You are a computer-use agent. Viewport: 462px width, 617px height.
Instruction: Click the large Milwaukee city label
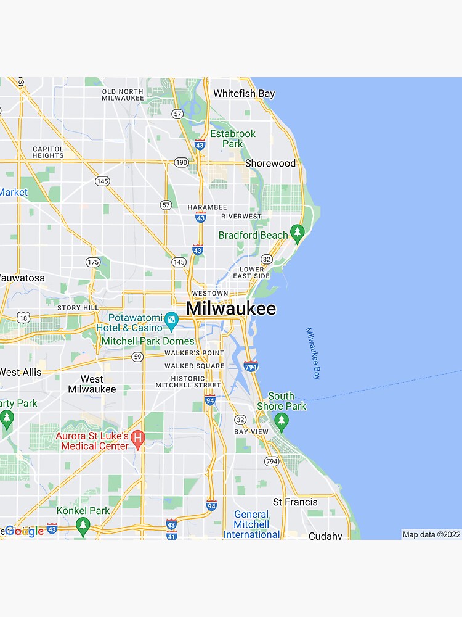click(x=231, y=308)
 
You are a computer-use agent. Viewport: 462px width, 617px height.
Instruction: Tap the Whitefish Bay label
click(x=244, y=94)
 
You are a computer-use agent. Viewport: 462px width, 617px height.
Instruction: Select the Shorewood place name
click(x=270, y=164)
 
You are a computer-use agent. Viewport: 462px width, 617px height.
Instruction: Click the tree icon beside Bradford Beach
click(x=298, y=233)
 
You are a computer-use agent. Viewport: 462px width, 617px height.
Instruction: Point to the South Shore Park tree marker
click(x=282, y=421)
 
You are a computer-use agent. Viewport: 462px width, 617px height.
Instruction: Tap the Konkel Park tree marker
click(x=83, y=525)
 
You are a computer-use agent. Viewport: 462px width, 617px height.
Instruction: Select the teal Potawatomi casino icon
click(x=171, y=320)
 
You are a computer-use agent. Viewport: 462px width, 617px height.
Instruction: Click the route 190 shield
click(x=181, y=162)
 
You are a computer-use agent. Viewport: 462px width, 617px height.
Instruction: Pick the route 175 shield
click(x=93, y=262)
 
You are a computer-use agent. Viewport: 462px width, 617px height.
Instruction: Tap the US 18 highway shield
click(x=23, y=317)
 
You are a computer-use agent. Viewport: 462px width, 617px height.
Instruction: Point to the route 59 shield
click(x=137, y=357)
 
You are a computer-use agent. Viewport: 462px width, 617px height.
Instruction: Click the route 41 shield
click(x=171, y=535)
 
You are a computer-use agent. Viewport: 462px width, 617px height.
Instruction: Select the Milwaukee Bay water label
click(x=314, y=353)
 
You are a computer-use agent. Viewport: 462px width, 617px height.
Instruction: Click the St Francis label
click(x=296, y=502)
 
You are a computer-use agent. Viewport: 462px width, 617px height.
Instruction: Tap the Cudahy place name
click(x=325, y=536)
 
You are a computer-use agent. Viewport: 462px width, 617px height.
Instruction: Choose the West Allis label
click(x=20, y=372)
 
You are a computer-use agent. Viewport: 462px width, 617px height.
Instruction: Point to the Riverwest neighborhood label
click(x=241, y=217)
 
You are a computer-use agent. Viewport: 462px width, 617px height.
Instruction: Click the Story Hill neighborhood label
click(x=78, y=307)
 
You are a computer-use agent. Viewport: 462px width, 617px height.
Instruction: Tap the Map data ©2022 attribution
click(x=431, y=534)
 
